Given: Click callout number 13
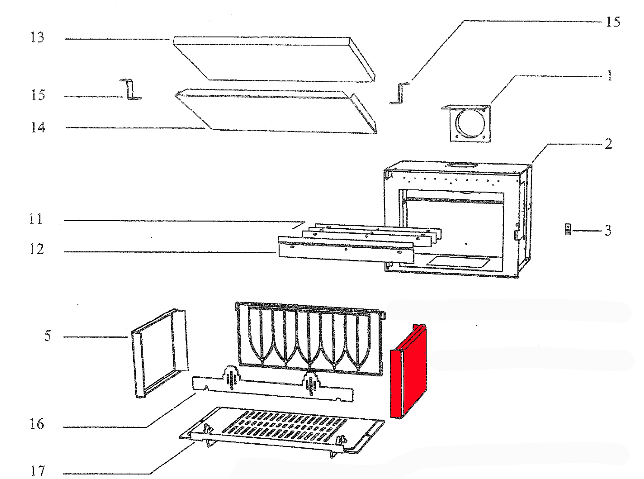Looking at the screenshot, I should pos(37,37).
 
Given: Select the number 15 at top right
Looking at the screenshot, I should pos(613,22).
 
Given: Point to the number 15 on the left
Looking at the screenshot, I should pos(38,95).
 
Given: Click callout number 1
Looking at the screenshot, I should pos(610,75).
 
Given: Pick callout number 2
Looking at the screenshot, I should pos(608,144).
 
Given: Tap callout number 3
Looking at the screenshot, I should pos(608,230).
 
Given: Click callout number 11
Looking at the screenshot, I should pos(36,219).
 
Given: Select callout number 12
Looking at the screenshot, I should pos(36,249).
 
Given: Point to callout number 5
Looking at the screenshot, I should pos(47,336).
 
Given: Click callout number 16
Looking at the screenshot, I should pos(37,424).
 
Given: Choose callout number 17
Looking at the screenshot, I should pos(38,471).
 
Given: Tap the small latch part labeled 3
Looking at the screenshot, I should pos(568,229).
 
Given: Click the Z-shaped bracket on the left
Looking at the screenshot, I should pos(131,89).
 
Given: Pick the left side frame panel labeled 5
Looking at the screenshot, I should pos(160,353).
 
